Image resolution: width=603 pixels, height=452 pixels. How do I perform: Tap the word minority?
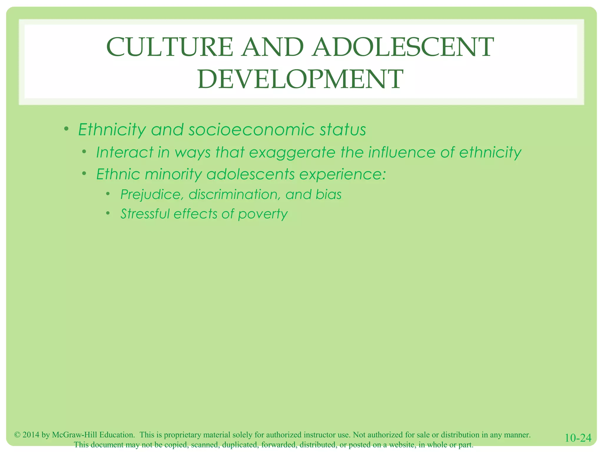click(173, 174)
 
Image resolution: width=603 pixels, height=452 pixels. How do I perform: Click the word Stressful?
click(145, 214)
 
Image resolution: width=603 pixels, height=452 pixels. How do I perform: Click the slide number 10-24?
click(578, 438)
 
